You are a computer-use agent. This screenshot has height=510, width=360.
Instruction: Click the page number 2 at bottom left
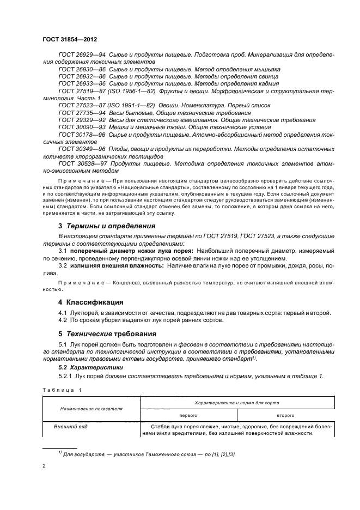[x=45, y=466]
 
